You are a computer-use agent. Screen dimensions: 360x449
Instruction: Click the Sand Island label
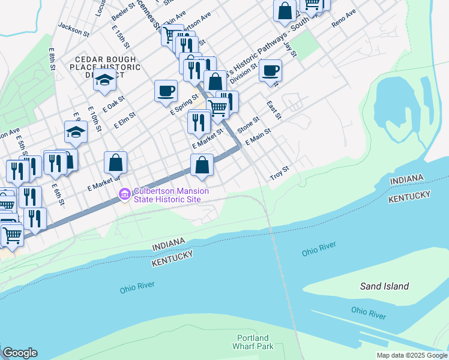384,286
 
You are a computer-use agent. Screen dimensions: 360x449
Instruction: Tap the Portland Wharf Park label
253,342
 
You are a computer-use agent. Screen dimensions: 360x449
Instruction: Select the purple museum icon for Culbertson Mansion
125,194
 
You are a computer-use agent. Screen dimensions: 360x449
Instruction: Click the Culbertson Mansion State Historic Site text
171,195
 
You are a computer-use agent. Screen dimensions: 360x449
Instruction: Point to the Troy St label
280,174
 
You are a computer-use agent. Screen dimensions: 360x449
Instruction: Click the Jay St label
290,46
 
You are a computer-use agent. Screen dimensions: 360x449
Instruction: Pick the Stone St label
247,124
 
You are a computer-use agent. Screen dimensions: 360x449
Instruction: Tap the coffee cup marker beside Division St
270,70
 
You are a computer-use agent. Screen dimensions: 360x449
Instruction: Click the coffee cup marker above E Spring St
166,91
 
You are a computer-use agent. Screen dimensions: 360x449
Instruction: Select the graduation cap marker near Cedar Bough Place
104,80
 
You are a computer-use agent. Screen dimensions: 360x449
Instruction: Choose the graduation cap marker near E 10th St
76,132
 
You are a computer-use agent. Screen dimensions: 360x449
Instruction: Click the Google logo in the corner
20,353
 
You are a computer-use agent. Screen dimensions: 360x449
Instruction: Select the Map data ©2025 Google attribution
412,355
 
